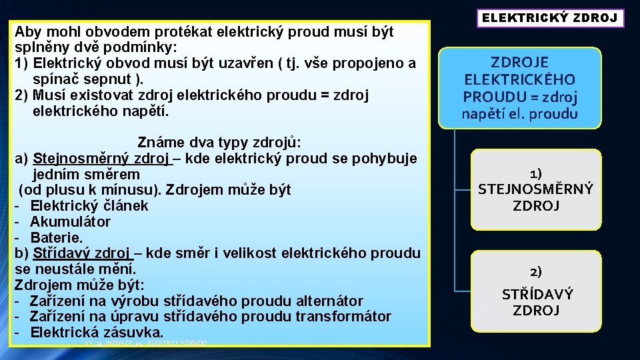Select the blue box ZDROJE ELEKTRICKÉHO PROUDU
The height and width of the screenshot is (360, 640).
point(520,88)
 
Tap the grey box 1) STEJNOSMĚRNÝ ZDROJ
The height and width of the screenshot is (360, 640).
point(535,189)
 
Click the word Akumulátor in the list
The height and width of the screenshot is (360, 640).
point(71,221)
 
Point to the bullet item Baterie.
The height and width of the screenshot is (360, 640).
point(57,237)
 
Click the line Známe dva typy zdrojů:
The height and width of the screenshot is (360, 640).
point(219,143)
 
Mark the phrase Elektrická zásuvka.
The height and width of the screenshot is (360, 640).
point(97,332)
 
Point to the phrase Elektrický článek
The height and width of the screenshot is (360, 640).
point(89,206)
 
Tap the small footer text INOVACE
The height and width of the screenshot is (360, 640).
point(119,343)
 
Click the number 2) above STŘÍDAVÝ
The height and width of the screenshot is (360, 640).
point(536,271)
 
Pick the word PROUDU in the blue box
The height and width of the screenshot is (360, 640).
point(492,97)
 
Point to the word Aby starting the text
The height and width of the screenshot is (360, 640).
point(27,32)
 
